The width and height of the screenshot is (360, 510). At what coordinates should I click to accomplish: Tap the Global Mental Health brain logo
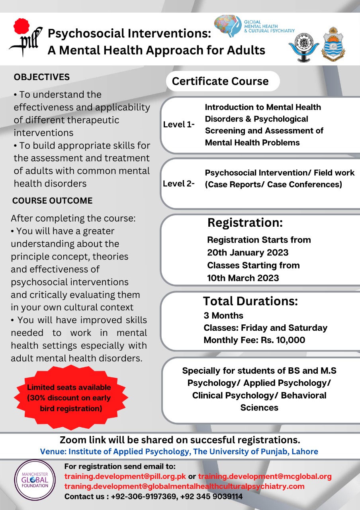(x=228, y=27)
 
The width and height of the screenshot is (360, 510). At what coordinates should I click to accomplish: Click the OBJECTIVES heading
(x=41, y=77)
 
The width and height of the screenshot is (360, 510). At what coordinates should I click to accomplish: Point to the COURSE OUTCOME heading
(x=52, y=201)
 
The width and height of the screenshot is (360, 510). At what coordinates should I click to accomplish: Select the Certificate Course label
(x=220, y=81)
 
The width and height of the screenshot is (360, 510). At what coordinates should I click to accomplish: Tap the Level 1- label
(x=179, y=124)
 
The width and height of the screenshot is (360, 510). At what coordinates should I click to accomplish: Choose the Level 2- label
(x=179, y=184)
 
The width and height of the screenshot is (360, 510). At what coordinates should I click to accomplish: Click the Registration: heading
(x=245, y=223)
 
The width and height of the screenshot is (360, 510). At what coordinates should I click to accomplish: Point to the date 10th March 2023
(x=243, y=278)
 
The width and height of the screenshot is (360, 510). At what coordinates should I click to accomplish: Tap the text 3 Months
(x=223, y=316)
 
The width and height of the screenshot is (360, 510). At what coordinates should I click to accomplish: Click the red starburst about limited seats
(x=69, y=398)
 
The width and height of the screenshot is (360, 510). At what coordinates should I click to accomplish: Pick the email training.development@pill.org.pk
(x=125, y=477)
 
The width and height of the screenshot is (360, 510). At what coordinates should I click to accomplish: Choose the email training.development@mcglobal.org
(x=264, y=477)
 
